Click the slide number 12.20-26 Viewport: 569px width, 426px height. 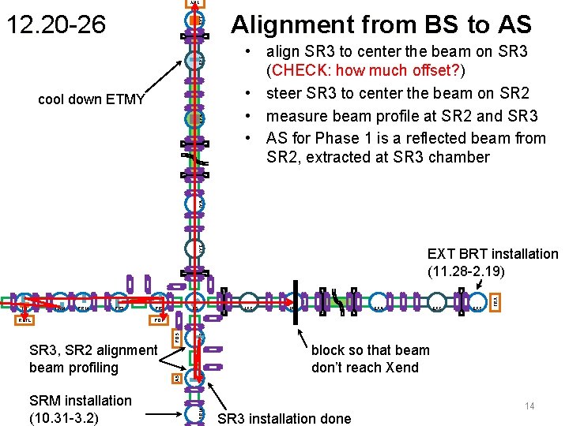point(55,24)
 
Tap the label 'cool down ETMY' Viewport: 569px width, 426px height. point(92,99)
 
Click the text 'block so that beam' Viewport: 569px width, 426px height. point(370,350)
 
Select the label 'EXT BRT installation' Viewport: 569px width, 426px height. point(492,254)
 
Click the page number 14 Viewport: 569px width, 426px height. point(529,405)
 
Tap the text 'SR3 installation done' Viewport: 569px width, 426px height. point(283,418)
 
